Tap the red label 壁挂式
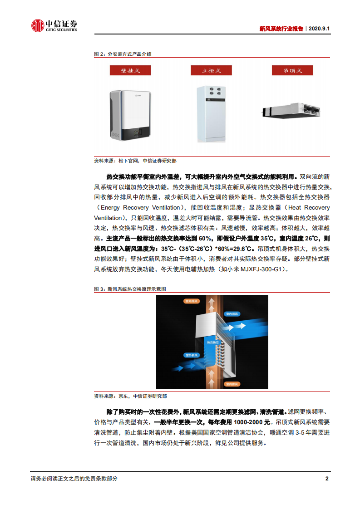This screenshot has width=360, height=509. pos(130,70)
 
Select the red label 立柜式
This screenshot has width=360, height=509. pos(211,70)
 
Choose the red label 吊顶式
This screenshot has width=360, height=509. pos(292,70)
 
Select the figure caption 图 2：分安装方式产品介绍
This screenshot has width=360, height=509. pos(123,54)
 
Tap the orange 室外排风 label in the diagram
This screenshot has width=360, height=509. pos(191,301)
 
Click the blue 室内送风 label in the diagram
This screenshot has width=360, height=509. pos(235,313)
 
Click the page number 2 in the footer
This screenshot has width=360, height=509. pos(327,479)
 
